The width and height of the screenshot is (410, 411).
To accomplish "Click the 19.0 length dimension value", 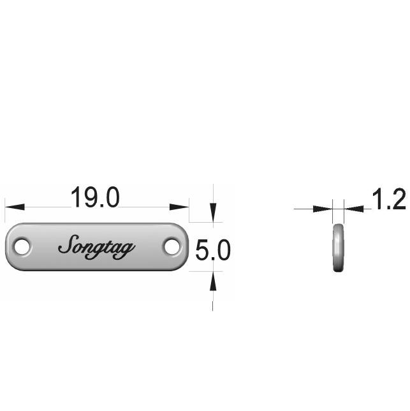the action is (95, 197).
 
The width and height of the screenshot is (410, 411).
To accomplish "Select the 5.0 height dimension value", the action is (213, 250).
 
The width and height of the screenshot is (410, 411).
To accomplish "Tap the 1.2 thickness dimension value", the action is (389, 200).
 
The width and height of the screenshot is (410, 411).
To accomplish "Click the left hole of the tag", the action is (22, 246).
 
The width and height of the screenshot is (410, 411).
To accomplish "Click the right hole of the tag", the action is (172, 246).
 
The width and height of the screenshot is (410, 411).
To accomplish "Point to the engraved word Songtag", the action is (96, 247).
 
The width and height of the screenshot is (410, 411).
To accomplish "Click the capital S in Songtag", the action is (68, 244).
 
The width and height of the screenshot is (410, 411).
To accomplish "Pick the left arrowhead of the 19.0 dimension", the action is (15, 207).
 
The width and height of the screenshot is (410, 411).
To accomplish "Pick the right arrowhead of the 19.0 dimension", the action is (179, 207).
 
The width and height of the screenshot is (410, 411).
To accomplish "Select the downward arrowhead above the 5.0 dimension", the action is (213, 213).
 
